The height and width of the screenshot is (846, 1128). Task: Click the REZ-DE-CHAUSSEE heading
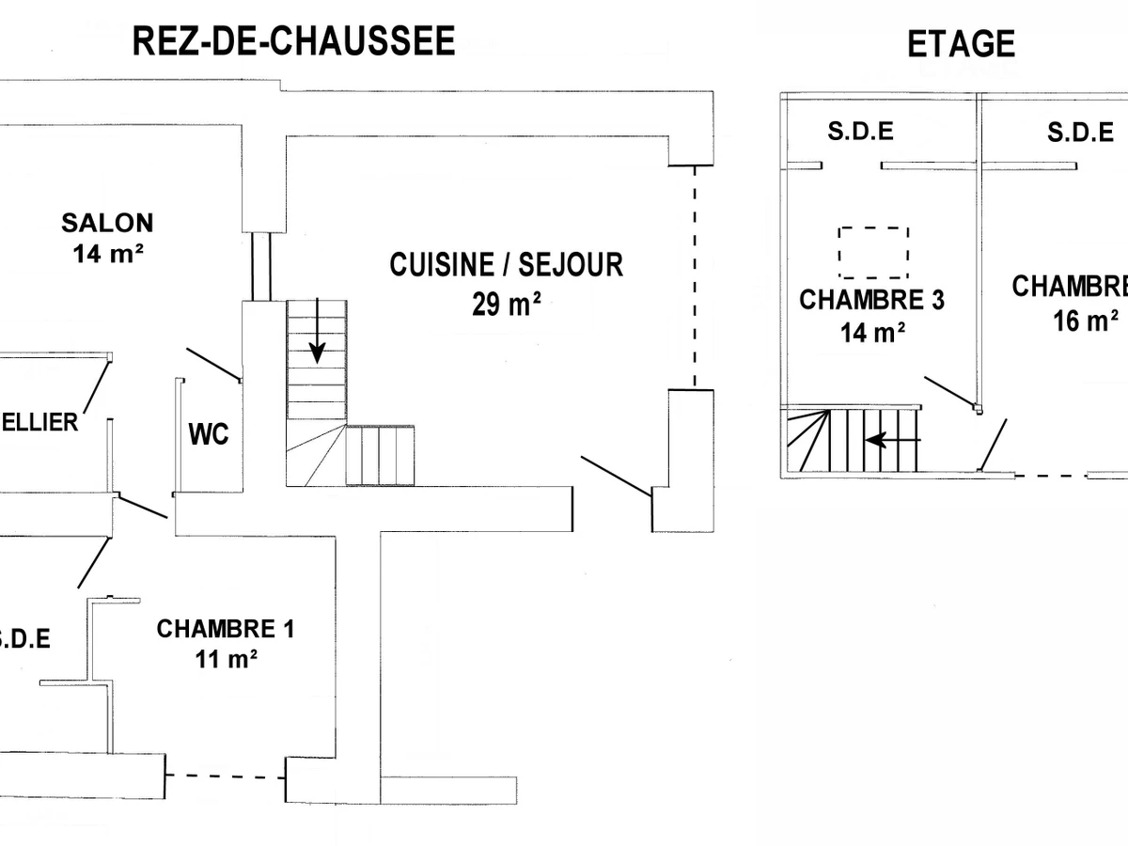tap(293, 41)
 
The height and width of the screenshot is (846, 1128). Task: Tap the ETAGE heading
tap(961, 43)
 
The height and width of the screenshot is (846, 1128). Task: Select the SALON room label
tap(107, 223)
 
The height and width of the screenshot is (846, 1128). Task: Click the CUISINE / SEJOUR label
tap(506, 265)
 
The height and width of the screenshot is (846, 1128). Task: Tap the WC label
tap(209, 436)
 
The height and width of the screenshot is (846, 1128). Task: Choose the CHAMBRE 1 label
tap(225, 629)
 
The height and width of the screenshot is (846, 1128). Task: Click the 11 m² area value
tap(225, 659)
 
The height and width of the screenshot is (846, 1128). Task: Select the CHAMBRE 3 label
tap(871, 300)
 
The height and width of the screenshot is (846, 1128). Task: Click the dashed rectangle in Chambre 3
tap(873, 252)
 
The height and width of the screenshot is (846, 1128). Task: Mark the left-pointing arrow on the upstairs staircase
tap(893, 439)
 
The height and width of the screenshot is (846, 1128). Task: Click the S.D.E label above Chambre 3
tap(860, 132)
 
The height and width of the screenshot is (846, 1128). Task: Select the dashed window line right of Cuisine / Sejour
tap(696, 277)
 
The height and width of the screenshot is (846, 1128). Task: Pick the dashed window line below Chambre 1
tap(226, 776)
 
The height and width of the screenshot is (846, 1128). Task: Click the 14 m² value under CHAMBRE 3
tap(871, 332)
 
